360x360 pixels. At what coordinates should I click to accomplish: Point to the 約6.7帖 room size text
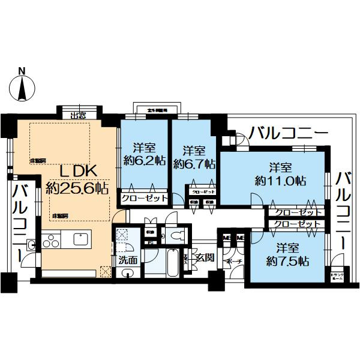tap(194, 163)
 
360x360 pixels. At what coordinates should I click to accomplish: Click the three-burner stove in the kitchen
tap(50, 241)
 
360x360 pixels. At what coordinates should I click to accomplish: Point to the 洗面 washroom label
tap(127, 261)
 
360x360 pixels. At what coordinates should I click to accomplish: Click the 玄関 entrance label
tap(204, 259)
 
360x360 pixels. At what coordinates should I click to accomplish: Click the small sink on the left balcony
tap(31, 244)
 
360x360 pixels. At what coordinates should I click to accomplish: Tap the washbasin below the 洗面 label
tap(127, 273)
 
